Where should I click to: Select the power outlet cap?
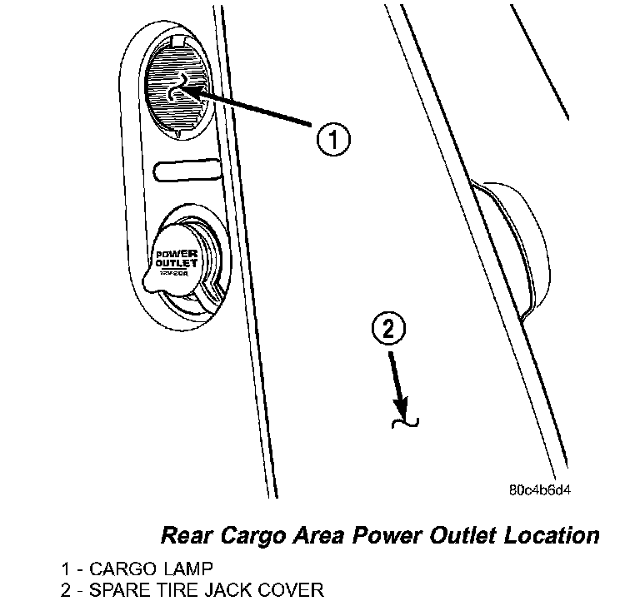pyautogui.click(x=177, y=260)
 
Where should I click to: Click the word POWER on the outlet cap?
pyautogui.click(x=174, y=253)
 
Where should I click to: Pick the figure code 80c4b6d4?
pyautogui.click(x=540, y=489)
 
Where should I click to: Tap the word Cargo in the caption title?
pyautogui.click(x=251, y=534)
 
